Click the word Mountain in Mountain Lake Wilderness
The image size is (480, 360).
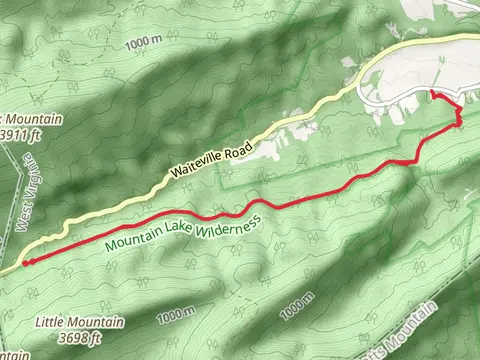tap(130, 241)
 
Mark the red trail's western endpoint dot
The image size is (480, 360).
tap(25, 263)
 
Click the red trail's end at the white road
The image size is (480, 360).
tap(432, 93)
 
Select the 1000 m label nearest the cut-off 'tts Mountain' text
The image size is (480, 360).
tap(297, 307)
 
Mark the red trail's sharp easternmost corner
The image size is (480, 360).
tap(460, 122)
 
